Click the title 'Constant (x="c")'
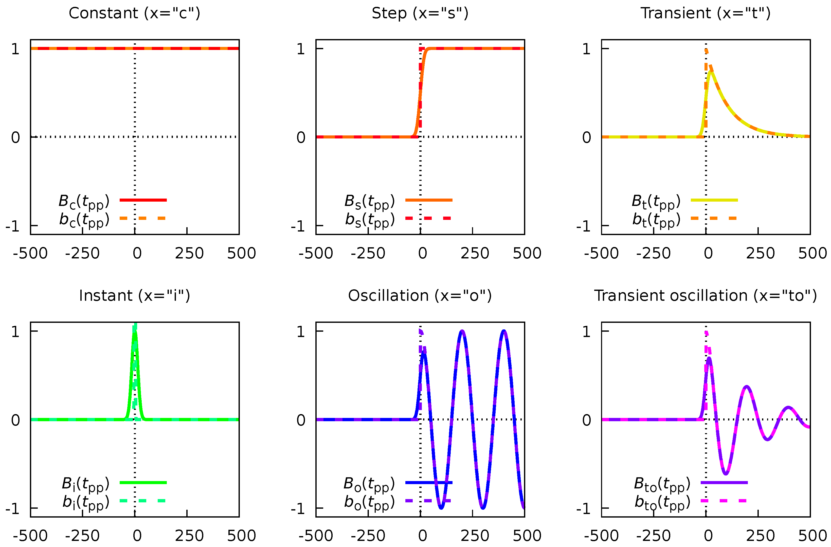(134, 13)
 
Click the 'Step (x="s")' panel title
(420, 13)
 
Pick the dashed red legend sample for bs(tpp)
(428, 218)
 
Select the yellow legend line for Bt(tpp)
(714, 200)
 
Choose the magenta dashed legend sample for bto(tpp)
(724, 501)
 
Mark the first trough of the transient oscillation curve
(726, 474)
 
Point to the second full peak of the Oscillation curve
(503, 331)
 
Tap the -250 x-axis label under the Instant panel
(82, 536)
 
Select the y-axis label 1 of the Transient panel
(586, 49)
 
